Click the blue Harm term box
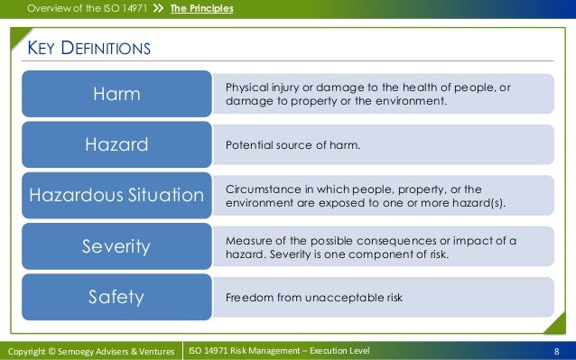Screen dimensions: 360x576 pos(117,94)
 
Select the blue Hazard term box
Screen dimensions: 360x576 pos(117,144)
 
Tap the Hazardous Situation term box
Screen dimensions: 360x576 pos(117,195)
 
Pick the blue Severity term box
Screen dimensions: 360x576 pos(117,245)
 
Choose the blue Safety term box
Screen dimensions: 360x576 pos(117,296)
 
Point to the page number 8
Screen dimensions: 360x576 pos(558,350)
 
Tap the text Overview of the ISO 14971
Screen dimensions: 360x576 pos(87,9)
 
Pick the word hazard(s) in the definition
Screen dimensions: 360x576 pos(480,203)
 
